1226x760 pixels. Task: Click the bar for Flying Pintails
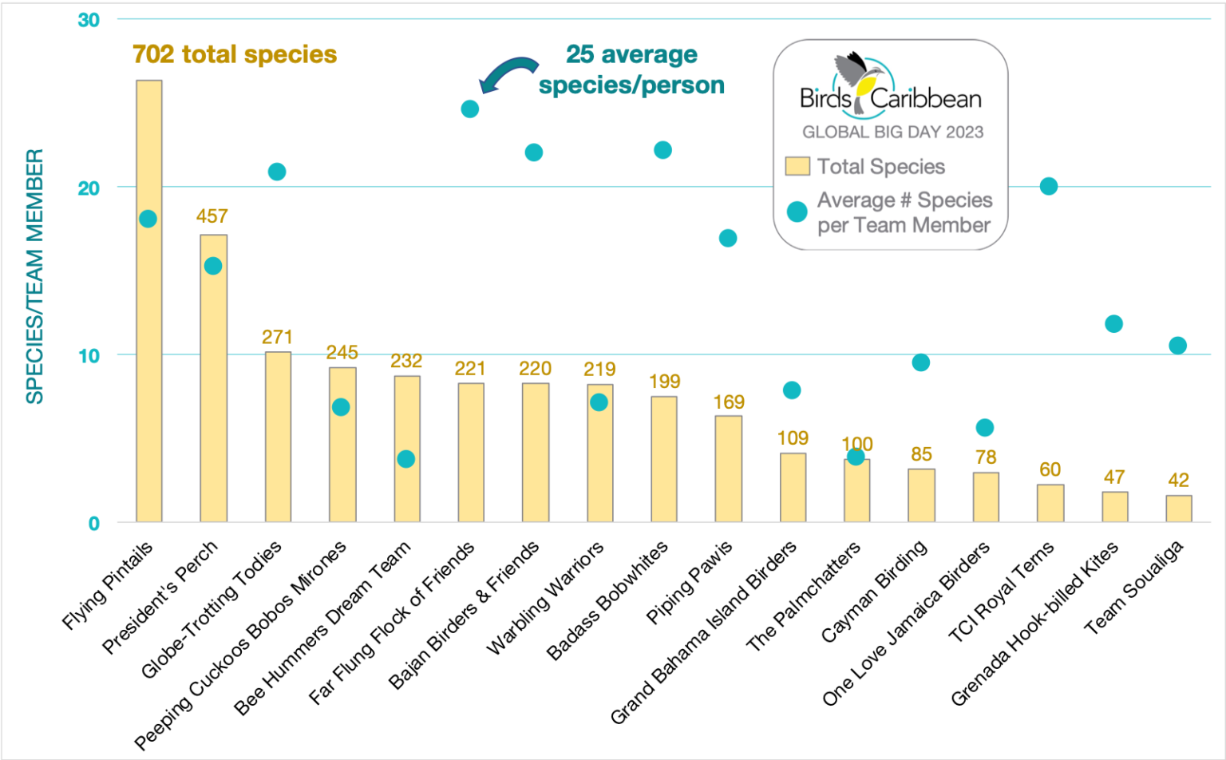pyautogui.click(x=149, y=319)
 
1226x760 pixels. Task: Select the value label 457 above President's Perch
pyautogui.click(x=212, y=216)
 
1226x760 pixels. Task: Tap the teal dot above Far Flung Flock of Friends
pyautogui.click(x=470, y=109)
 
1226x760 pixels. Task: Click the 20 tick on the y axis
pyautogui.click(x=89, y=188)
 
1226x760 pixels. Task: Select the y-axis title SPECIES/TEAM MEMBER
pyautogui.click(x=34, y=276)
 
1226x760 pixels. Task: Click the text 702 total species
pyautogui.click(x=235, y=54)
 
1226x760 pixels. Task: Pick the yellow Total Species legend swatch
pyautogui.click(x=797, y=166)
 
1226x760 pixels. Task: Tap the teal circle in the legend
pyautogui.click(x=797, y=212)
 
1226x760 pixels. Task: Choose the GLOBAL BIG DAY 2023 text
pyautogui.click(x=892, y=133)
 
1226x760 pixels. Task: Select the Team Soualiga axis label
pyautogui.click(x=1134, y=588)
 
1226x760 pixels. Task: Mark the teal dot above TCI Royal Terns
pyautogui.click(x=1049, y=186)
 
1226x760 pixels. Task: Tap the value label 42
pyautogui.click(x=1178, y=480)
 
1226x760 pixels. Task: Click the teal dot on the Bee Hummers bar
pyautogui.click(x=406, y=459)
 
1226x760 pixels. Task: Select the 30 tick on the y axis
pyautogui.click(x=89, y=20)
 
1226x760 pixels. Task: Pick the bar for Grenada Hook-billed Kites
pyautogui.click(x=1115, y=507)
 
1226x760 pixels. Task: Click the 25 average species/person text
pyautogui.click(x=631, y=69)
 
